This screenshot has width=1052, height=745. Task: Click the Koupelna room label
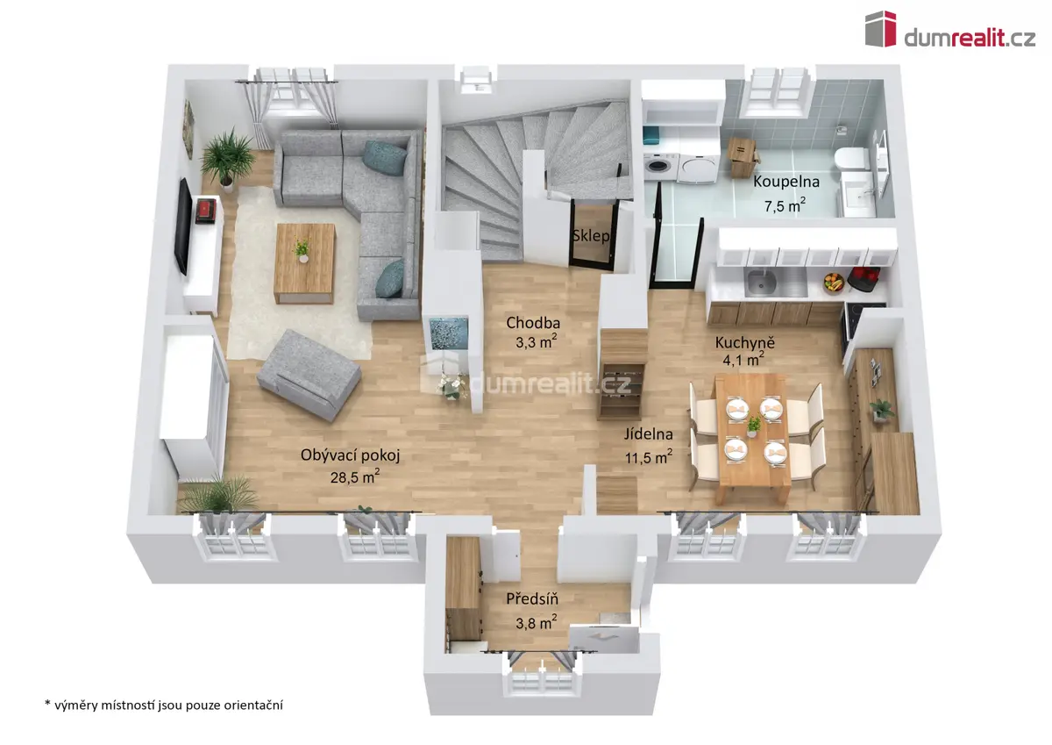click(x=786, y=182)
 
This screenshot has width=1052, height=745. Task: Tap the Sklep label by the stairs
click(x=591, y=235)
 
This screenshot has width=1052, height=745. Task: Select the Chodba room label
click(x=533, y=323)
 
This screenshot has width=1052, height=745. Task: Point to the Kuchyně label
click(x=745, y=342)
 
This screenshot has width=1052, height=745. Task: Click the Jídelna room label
click(x=648, y=433)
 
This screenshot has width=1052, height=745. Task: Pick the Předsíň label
click(x=532, y=598)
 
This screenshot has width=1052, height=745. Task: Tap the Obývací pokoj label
click(x=350, y=455)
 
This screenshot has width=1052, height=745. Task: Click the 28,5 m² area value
click(x=354, y=476)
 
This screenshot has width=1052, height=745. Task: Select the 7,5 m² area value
click(x=785, y=205)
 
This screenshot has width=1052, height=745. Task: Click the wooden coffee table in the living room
click(x=305, y=263)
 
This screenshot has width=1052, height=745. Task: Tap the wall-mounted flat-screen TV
click(x=183, y=226)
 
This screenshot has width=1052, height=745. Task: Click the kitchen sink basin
click(x=761, y=282)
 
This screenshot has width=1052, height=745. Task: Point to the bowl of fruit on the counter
click(x=834, y=283)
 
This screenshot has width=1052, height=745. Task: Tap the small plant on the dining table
click(x=754, y=426)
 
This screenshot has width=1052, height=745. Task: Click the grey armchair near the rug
click(x=309, y=375)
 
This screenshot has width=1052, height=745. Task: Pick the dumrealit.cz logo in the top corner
click(x=950, y=30)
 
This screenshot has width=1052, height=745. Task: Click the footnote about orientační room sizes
click(x=163, y=705)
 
